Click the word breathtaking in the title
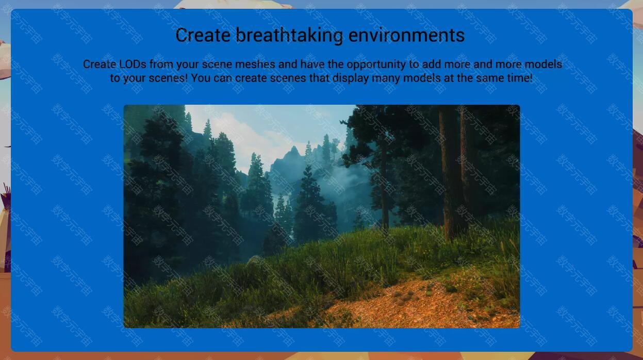click(x=289, y=36)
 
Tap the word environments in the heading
click(x=406, y=35)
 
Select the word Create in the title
click(x=203, y=35)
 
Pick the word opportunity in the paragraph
click(x=376, y=65)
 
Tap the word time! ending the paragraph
click(x=520, y=78)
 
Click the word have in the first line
click(x=312, y=64)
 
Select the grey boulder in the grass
click(x=255, y=260)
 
